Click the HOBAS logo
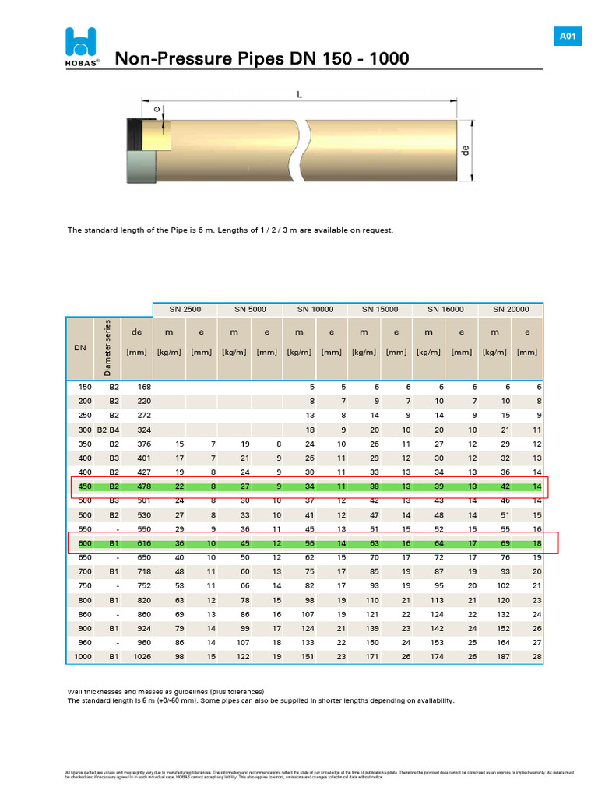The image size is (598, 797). [x=82, y=47]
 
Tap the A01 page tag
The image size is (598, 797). [x=567, y=37]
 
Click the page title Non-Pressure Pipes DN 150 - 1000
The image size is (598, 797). [x=262, y=59]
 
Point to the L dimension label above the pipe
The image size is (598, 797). [x=299, y=93]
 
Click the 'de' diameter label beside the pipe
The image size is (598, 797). [x=467, y=150]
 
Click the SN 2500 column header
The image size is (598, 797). [x=185, y=309]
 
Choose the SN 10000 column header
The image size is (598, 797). [x=315, y=309]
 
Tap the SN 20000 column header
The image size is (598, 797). [x=511, y=309]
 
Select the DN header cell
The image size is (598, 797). [x=80, y=348]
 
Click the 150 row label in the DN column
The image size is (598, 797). [x=84, y=387]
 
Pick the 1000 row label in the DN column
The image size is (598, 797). [x=83, y=658]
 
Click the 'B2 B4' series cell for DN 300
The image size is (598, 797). [x=107, y=430]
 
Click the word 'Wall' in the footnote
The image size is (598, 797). [x=76, y=691]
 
